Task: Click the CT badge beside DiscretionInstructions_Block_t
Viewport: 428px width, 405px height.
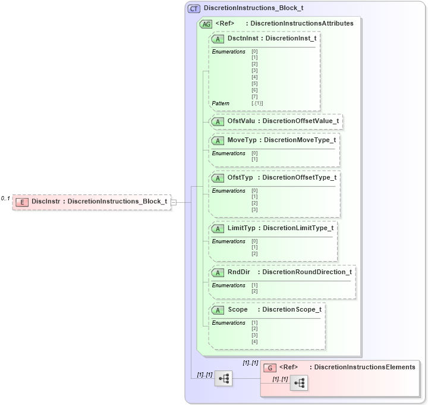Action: click(194, 9)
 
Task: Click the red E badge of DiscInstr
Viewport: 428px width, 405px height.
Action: click(21, 202)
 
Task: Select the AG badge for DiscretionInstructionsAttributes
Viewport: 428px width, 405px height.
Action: click(206, 24)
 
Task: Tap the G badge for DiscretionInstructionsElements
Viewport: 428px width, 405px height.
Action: click(270, 368)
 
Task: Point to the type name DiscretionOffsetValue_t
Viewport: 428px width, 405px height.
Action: click(301, 121)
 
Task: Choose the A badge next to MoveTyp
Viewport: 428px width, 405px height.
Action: click(218, 140)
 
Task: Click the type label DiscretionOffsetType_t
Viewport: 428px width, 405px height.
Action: click(299, 178)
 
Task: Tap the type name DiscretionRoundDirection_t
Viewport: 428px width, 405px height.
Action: click(307, 272)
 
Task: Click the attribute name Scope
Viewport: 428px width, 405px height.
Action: click(238, 310)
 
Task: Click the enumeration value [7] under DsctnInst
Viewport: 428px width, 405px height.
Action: click(254, 96)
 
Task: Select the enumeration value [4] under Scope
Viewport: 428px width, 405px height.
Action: click(254, 341)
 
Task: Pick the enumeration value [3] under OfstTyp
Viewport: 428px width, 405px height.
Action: click(254, 209)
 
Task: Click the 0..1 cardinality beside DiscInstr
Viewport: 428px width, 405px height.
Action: click(5, 198)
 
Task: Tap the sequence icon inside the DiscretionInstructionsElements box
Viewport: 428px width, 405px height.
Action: click(298, 384)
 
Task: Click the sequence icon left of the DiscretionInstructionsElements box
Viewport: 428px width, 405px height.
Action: click(223, 378)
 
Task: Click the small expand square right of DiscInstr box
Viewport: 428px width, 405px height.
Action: click(174, 202)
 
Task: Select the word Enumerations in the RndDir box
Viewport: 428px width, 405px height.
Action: click(229, 285)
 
